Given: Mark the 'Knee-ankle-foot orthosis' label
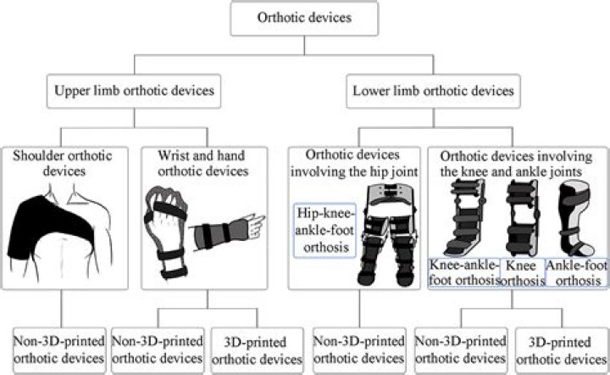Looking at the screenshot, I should [463, 271].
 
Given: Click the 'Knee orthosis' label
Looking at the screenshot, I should [523, 271].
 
